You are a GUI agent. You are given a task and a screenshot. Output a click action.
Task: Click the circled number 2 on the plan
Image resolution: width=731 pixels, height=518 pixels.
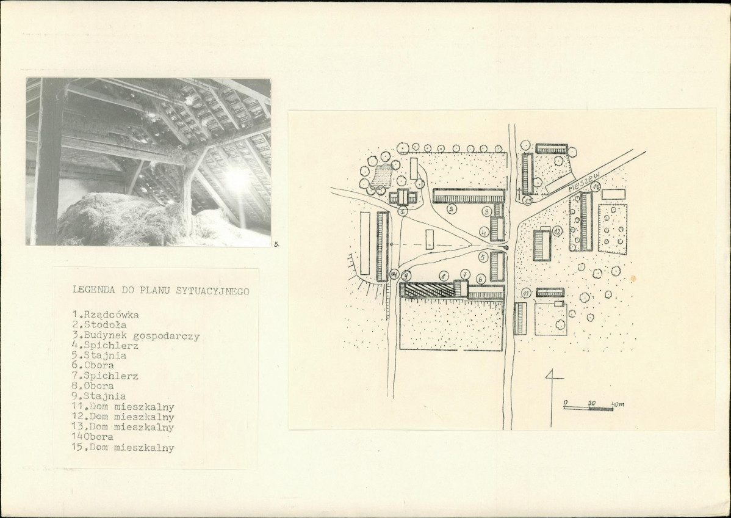pos(452,209)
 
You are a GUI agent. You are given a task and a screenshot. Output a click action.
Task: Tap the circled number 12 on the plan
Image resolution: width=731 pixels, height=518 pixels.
pos(557,231)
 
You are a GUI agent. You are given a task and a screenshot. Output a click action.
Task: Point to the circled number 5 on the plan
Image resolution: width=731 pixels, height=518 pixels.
pos(483,256)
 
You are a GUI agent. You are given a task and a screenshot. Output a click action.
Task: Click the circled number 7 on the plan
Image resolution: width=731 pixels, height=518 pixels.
pos(466,274)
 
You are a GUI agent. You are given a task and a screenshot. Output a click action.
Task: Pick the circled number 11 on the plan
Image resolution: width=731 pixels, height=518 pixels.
pos(527,293)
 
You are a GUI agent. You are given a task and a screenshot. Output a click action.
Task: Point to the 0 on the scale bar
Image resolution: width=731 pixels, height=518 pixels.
pos(566,402)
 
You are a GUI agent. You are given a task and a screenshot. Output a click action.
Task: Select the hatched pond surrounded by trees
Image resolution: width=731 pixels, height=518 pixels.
pos(383,177)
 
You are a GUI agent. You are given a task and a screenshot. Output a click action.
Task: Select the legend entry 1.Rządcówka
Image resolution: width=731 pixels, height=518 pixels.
pos(106,315)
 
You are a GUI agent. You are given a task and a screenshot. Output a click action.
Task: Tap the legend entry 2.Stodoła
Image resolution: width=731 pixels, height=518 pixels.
pos(99,325)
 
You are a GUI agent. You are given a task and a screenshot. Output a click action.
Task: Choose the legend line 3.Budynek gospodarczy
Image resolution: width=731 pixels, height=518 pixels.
pos(135,335)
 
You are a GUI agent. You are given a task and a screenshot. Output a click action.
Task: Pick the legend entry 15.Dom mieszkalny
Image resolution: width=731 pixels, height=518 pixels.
pos(123,448)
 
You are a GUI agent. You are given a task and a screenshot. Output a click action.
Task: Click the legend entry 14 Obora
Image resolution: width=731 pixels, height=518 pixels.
pos(93,437)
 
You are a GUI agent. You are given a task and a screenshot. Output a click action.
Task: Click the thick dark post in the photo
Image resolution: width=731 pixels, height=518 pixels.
pos(48,161)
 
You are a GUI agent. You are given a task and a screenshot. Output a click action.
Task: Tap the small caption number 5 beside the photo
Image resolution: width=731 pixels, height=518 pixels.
pos(276,244)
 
